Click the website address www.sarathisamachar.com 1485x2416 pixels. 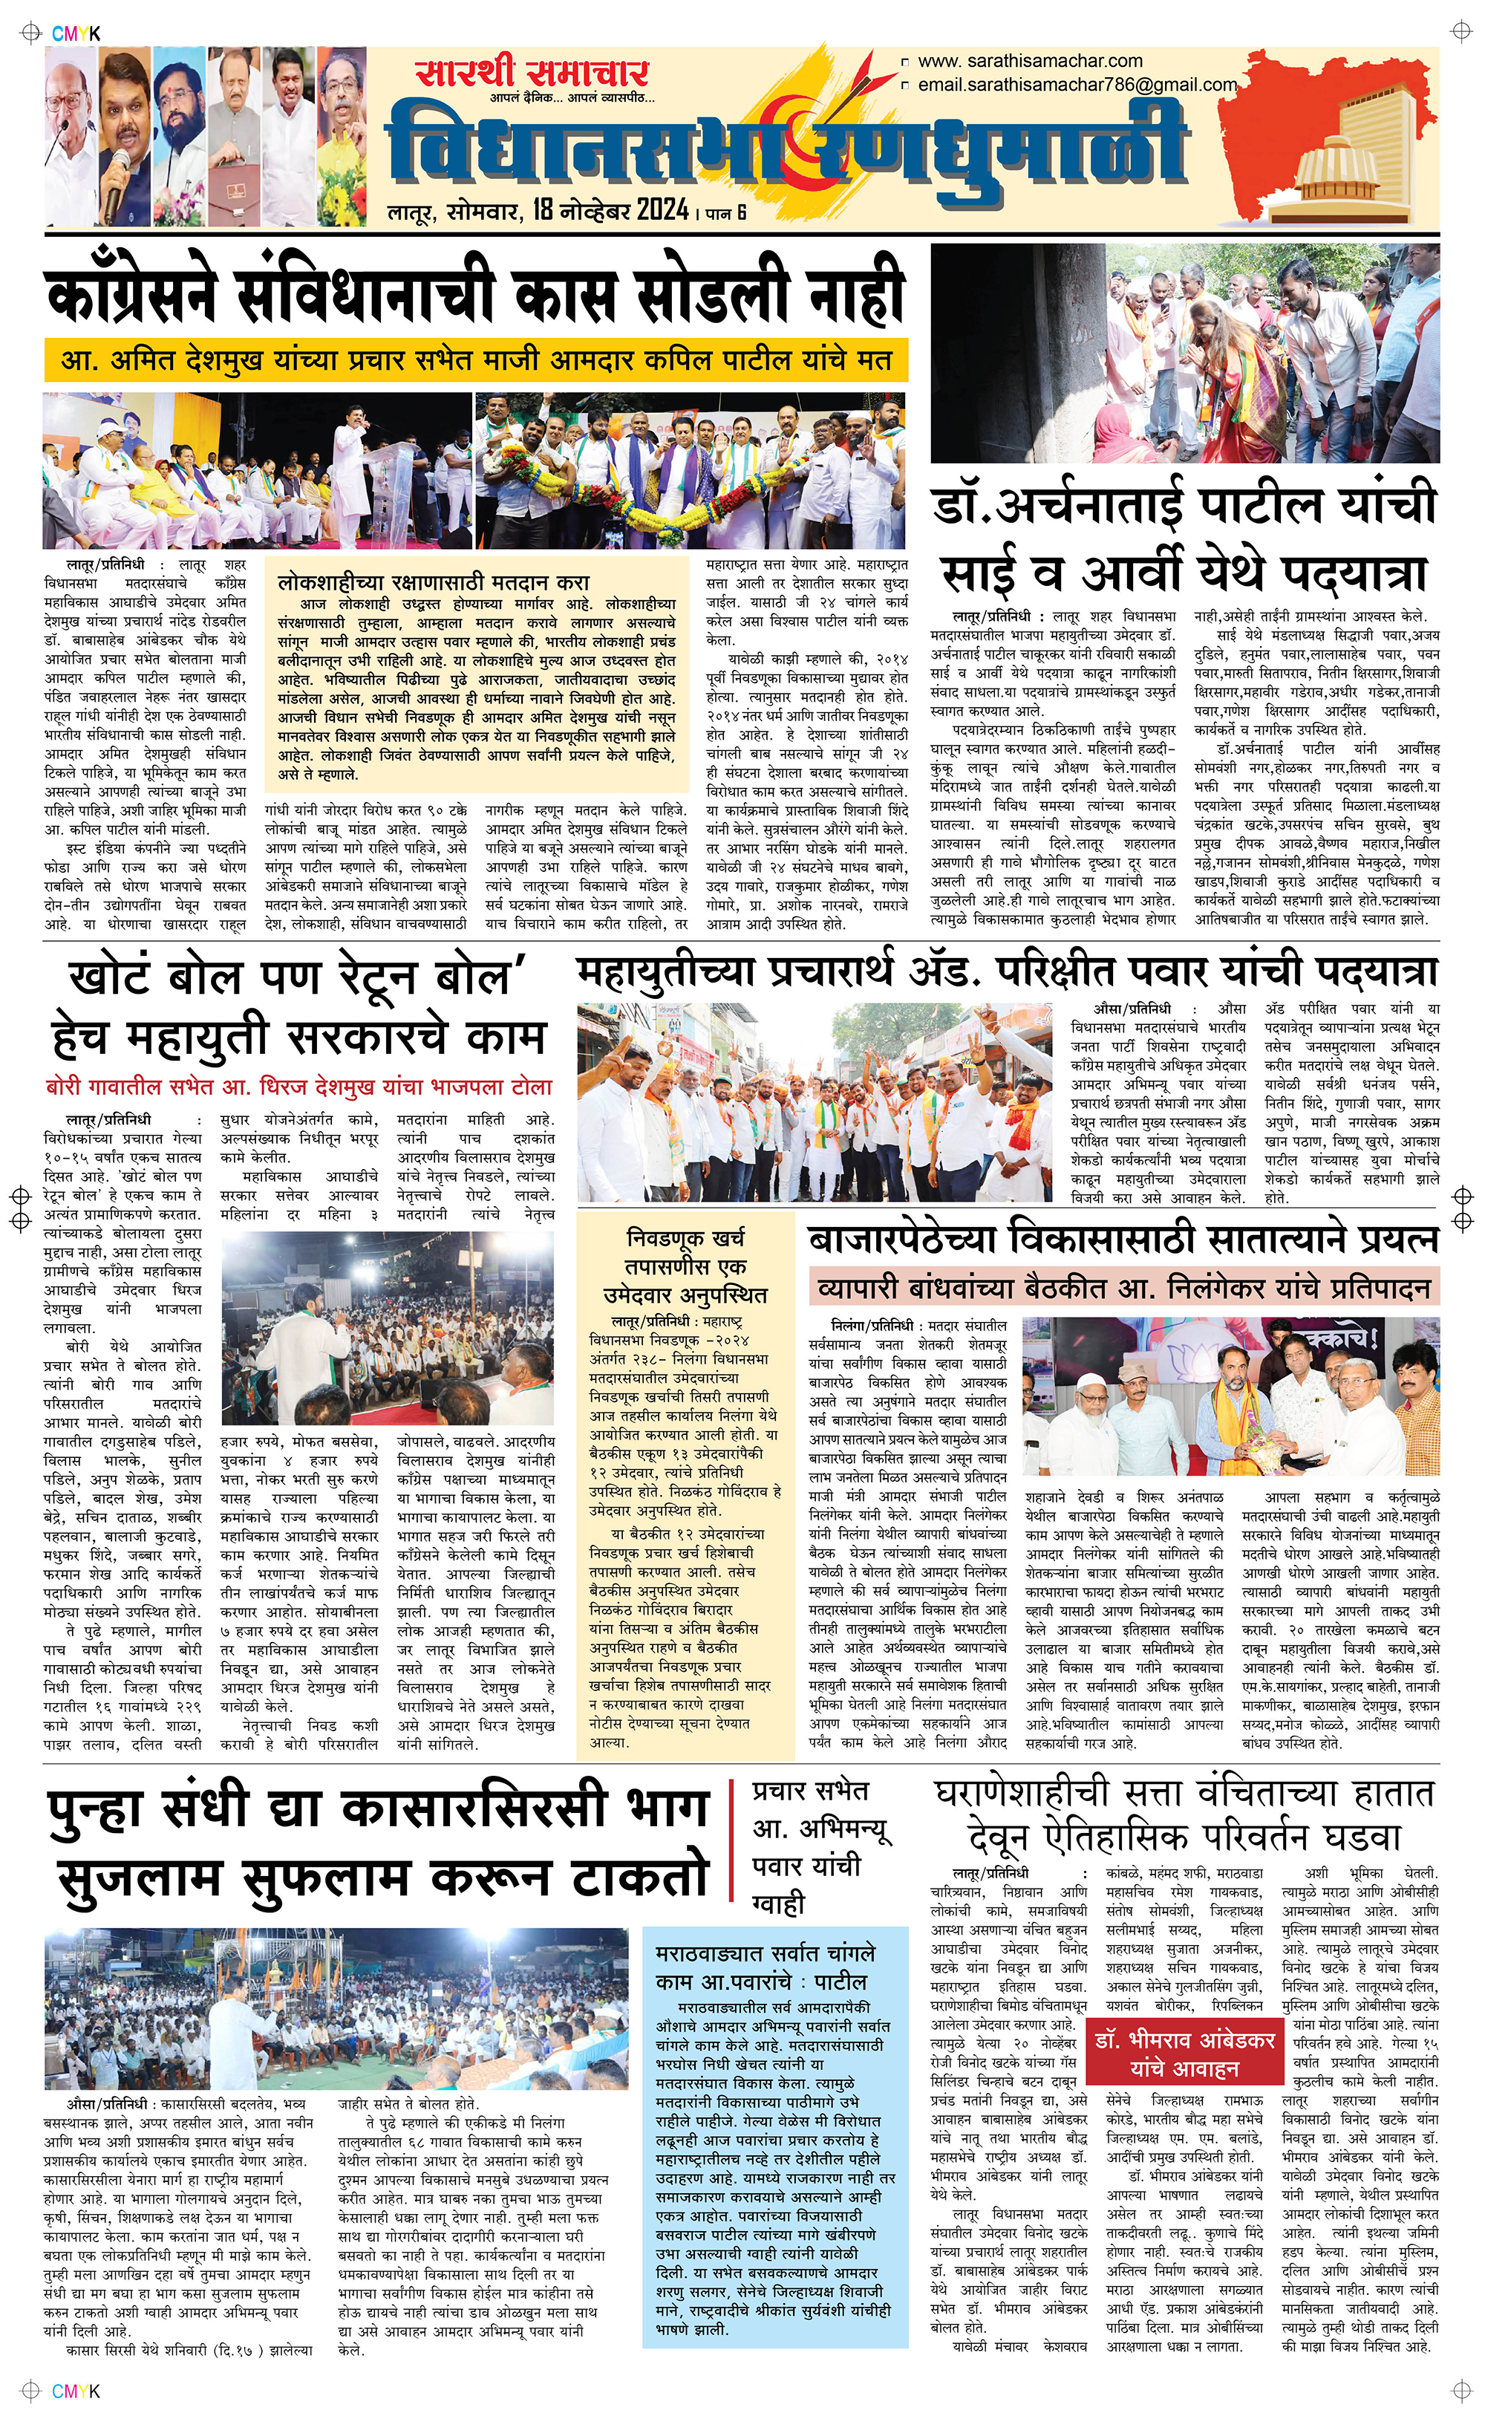tap(1029, 61)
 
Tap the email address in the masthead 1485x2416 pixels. tap(1077, 85)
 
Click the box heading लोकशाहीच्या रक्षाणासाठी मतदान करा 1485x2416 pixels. tap(433, 582)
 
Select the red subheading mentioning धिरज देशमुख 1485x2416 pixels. tap(299, 1088)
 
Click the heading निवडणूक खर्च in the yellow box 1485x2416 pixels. tap(685, 1237)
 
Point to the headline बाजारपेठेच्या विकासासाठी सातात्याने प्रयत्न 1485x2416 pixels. tap(1123, 1240)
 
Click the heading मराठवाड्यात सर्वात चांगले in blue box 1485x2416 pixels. tap(765, 1953)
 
